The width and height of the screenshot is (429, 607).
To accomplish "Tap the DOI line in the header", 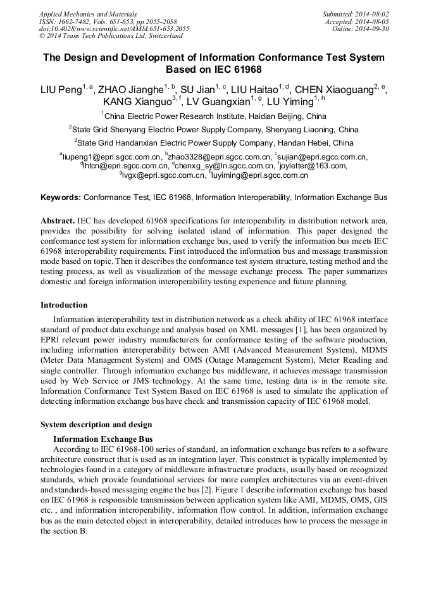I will (114, 29).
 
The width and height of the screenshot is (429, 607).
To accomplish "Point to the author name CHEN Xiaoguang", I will (332, 90).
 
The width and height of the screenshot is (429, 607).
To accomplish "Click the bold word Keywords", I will (60, 197).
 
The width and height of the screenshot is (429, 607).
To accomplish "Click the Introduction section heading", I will (64, 305).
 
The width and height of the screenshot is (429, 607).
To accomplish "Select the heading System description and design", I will (96, 424).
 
